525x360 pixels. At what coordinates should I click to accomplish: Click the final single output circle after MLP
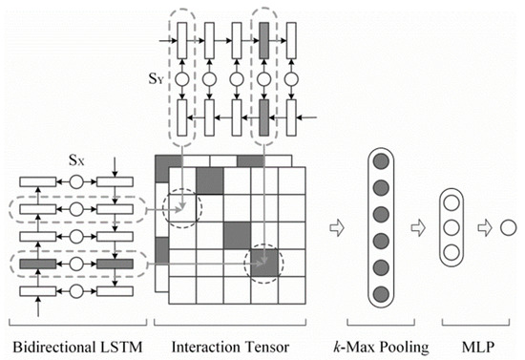tap(509, 230)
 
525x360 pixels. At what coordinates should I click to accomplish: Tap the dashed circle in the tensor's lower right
tap(263, 263)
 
